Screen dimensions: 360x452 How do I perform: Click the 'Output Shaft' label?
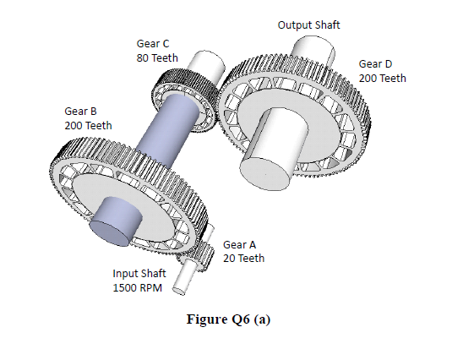(308, 25)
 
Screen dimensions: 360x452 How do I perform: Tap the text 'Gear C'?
(151, 43)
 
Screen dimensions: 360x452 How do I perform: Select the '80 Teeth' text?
(156, 57)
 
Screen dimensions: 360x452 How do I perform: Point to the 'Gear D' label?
(375, 63)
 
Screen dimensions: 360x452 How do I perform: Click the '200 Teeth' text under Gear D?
(382, 78)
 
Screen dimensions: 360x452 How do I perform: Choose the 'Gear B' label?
(80, 111)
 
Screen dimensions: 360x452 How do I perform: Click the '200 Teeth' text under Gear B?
(87, 125)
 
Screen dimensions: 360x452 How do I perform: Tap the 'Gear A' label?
(239, 244)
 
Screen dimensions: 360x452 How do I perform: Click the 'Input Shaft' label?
(139, 273)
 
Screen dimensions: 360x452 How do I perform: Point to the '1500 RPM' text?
(139, 287)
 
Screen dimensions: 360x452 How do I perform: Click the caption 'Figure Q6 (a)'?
(226, 319)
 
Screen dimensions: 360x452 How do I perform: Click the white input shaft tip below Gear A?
(181, 286)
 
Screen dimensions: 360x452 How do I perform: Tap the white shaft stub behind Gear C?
(203, 64)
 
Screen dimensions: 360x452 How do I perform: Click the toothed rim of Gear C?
(164, 85)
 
